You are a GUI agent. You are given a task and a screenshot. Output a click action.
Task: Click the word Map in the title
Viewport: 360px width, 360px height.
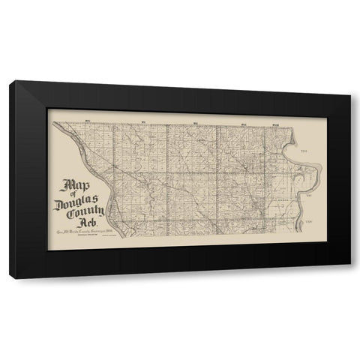[75, 185]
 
